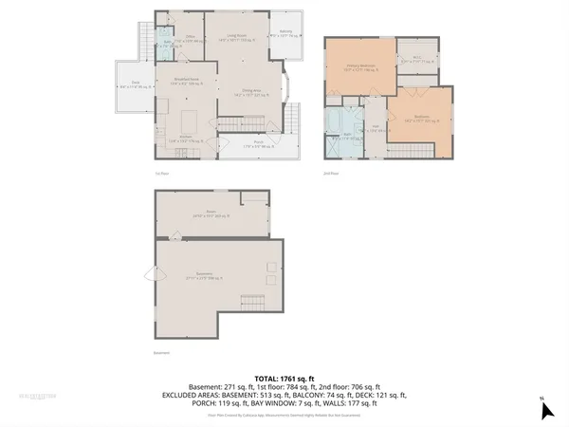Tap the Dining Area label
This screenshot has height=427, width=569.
[254, 93]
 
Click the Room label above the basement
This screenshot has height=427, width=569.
[199, 214]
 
